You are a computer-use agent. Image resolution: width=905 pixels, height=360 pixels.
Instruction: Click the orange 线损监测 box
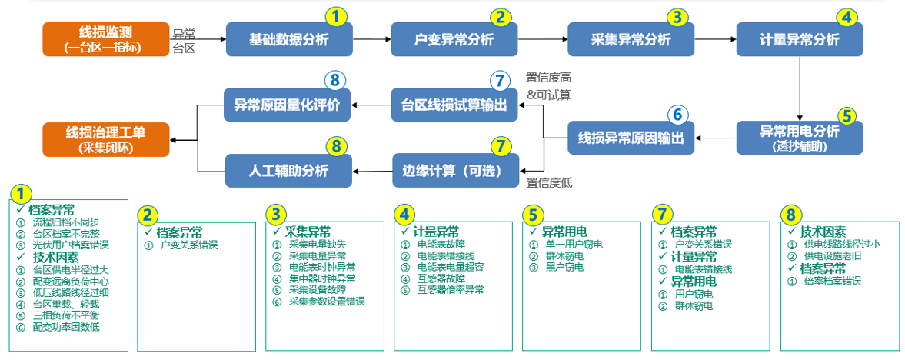click(105, 39)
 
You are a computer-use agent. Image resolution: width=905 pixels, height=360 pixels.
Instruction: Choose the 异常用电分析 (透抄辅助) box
click(800, 138)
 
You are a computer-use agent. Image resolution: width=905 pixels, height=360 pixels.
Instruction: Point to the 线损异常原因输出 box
click(631, 139)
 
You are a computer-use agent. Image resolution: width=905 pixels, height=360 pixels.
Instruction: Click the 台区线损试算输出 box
click(454, 105)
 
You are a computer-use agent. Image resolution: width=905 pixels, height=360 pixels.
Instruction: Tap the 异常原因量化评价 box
click(288, 105)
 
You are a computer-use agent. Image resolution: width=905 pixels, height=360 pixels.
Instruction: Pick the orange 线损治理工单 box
click(105, 138)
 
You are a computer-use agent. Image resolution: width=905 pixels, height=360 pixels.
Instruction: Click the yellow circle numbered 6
click(677, 115)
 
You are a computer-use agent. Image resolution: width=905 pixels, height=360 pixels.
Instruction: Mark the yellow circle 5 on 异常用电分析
click(847, 116)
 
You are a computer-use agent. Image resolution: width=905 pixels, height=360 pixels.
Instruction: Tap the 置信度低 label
click(549, 183)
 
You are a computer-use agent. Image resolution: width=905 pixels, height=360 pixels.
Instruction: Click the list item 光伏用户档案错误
click(71, 245)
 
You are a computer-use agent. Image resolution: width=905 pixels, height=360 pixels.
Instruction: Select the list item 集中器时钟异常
click(322, 278)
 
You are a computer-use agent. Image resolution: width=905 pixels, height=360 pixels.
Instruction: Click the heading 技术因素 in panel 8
click(823, 232)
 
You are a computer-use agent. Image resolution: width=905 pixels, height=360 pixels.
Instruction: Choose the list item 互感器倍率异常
click(451, 290)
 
